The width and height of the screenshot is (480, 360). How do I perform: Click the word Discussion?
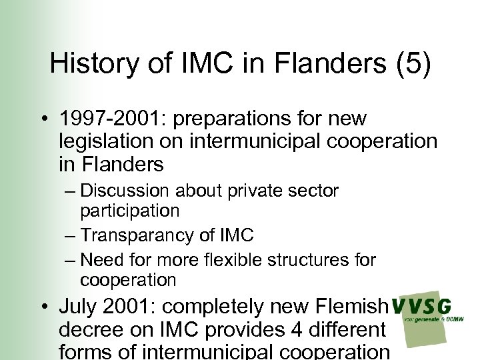[x=126, y=191]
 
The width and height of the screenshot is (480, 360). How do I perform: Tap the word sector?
[x=313, y=191]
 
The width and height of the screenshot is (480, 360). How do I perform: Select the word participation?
[x=129, y=211]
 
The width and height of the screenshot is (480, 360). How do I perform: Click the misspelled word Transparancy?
[x=143, y=235]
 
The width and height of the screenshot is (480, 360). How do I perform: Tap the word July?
[x=77, y=307]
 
